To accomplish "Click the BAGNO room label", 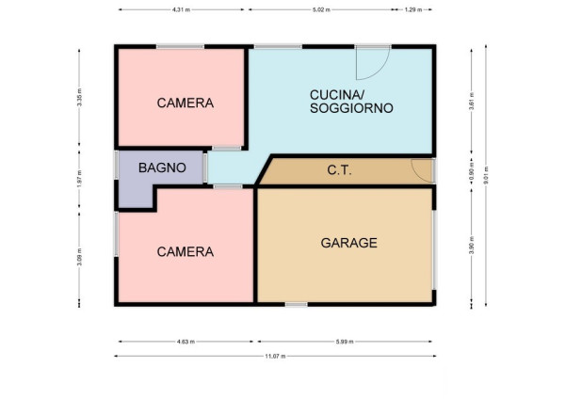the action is [x=162, y=168].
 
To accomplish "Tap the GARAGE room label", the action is [x=348, y=243].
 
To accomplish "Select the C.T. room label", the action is [x=339, y=170].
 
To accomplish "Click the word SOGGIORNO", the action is [x=351, y=108].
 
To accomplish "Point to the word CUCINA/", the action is [x=337, y=95].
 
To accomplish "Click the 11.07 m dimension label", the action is [x=275, y=356].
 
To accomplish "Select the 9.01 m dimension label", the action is [x=486, y=175].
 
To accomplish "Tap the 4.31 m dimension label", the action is [x=181, y=9].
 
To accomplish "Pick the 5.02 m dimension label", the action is [x=321, y=9].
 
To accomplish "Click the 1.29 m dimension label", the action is [x=413, y=9].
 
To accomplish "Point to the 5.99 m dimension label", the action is [x=345, y=342].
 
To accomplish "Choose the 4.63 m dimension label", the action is [x=186, y=342].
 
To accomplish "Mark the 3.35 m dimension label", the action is [x=80, y=97].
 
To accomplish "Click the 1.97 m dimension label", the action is [x=80, y=179].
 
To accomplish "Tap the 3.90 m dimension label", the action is [x=472, y=246].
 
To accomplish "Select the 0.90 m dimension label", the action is [x=472, y=171].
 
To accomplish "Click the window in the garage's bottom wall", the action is [x=297, y=304].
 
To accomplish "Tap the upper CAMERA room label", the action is [x=186, y=103].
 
